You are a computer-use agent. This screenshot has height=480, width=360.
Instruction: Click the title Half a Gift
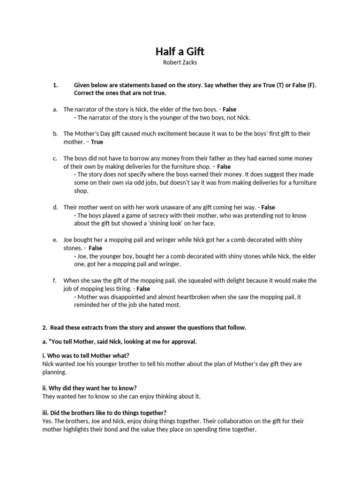180,51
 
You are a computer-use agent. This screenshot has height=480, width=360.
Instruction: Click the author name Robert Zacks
180,62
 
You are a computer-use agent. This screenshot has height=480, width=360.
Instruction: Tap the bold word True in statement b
97,142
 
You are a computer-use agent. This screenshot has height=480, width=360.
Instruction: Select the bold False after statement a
229,109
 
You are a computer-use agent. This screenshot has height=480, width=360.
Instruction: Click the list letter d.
55,207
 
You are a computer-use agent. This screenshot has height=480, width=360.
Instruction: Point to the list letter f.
55,280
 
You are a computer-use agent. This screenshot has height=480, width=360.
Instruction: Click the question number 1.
55,85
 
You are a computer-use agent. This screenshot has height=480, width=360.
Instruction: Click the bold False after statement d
268,207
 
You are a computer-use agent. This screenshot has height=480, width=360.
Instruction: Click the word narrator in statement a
88,109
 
